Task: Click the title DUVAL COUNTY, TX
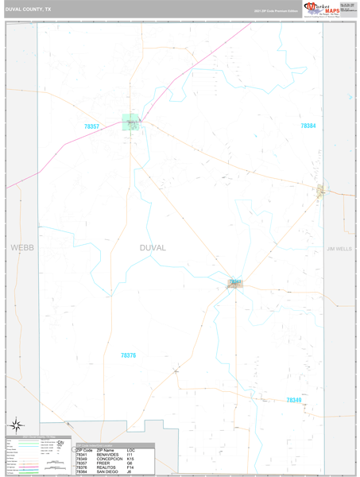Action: point(29,10)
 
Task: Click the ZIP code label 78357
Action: point(92,126)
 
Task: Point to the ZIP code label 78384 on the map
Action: point(308,126)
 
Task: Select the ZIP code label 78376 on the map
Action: point(128,355)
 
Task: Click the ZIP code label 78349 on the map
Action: point(294,400)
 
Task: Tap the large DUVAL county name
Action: point(153,247)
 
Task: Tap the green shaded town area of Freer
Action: point(130,122)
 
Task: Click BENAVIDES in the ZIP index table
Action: point(108,454)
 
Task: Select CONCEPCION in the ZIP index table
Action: point(110,459)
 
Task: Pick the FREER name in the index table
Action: point(103,463)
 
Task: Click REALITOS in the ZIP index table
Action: point(106,468)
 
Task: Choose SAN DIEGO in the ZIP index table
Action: point(108,473)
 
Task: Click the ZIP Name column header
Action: point(106,449)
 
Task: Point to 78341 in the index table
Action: point(82,454)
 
